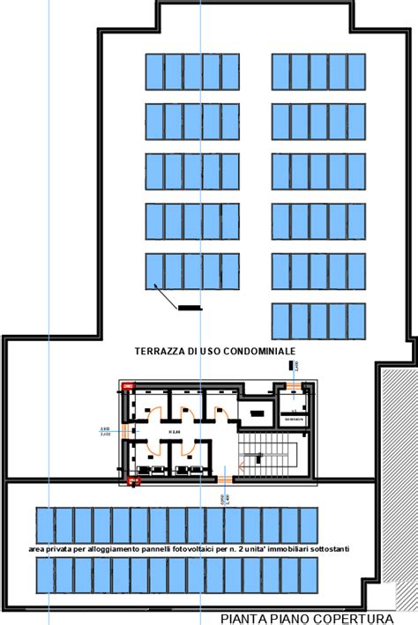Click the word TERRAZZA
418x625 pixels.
pos(160,351)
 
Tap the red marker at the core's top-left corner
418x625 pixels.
pos(128,386)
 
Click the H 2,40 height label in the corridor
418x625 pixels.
pos(173,432)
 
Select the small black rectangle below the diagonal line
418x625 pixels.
pos(189,308)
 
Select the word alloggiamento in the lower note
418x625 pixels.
pos(119,549)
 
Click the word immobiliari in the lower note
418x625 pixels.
pos(282,549)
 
